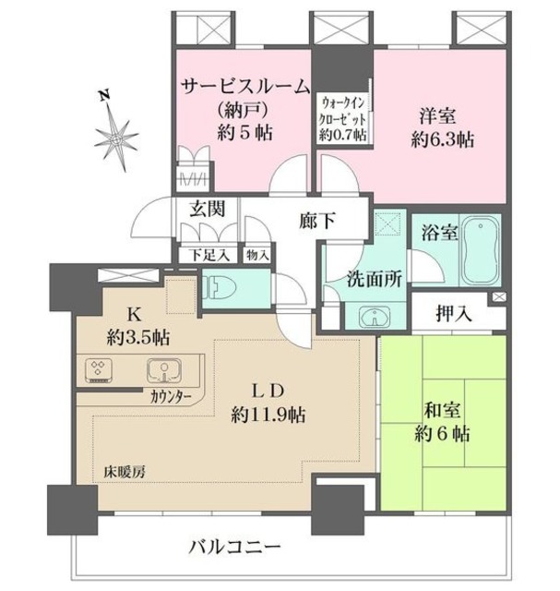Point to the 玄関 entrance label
coord(208,210)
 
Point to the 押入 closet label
coord(454,314)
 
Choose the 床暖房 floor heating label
coord(124,473)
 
